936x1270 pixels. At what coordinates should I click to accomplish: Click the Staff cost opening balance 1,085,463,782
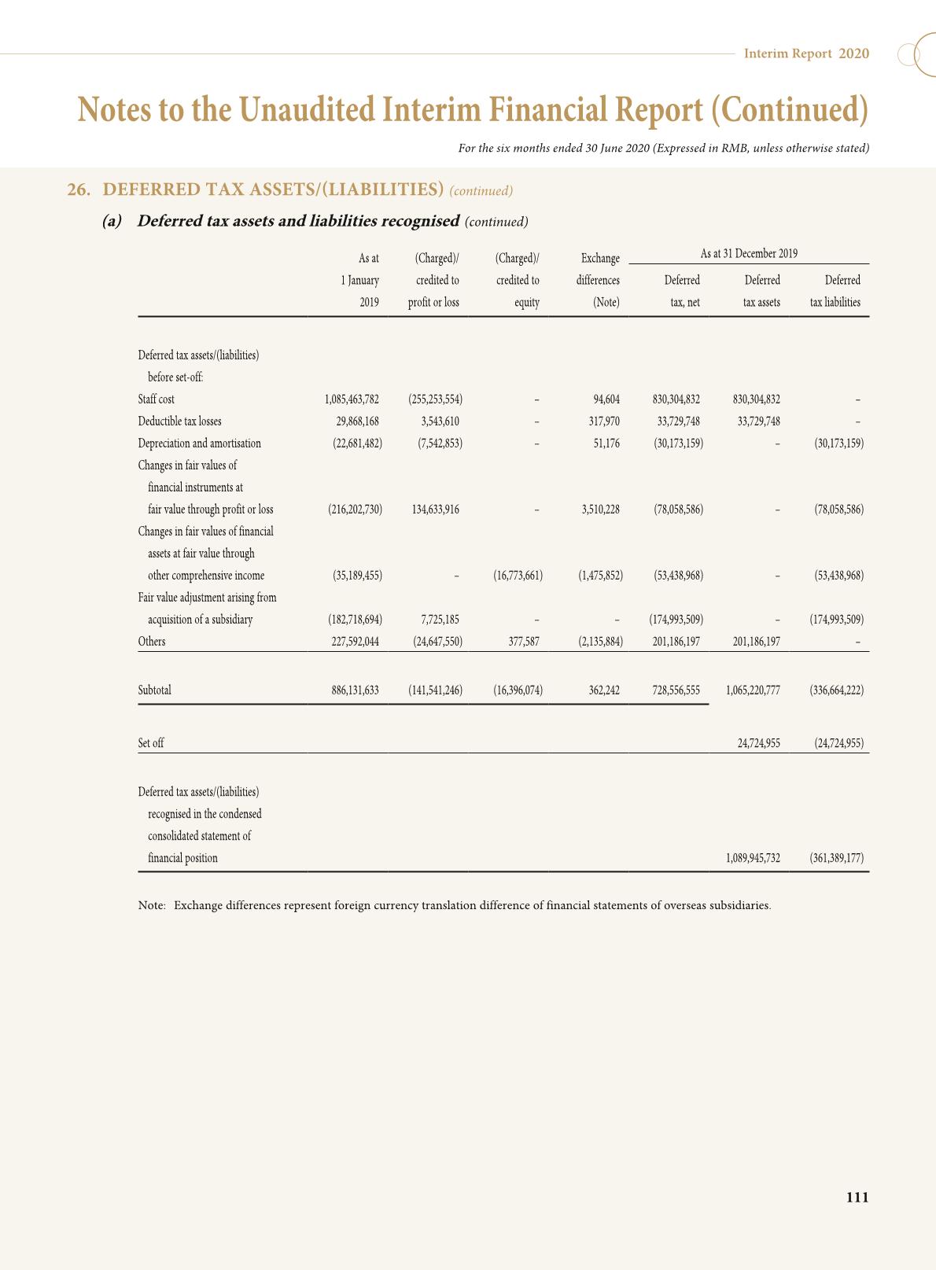point(352,399)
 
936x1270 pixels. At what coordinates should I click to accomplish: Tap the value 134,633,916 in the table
point(435,510)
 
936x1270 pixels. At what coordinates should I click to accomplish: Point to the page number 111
point(857,1198)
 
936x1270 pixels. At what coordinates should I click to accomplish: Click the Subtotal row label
point(154,690)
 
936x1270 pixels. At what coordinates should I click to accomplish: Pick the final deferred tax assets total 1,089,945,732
point(753,859)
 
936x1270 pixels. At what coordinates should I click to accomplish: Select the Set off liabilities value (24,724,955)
point(838,743)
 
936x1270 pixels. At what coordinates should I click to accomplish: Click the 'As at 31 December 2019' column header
point(749,254)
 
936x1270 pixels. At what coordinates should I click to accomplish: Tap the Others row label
point(152,642)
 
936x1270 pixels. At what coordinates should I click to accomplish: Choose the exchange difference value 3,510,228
point(600,510)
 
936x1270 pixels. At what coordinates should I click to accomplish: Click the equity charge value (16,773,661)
point(518,576)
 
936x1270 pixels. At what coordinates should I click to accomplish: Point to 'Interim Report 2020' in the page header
point(806,53)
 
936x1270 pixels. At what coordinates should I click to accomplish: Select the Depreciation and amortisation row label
point(199,444)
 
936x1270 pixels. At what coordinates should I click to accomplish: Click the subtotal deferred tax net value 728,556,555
point(676,690)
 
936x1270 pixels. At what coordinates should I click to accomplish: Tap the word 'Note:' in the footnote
point(152,905)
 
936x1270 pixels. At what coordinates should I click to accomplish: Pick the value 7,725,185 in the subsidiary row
point(440,620)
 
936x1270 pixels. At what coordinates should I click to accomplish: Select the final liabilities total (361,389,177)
point(836,859)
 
